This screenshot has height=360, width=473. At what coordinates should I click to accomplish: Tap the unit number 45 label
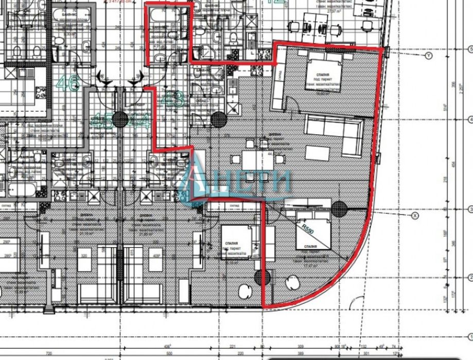(x=99, y=121)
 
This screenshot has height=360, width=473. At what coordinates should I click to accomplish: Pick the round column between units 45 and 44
(x=120, y=119)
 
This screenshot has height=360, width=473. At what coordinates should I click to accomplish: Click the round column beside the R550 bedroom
(x=338, y=208)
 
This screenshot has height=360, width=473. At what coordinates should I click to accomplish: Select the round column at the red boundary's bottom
(x=264, y=278)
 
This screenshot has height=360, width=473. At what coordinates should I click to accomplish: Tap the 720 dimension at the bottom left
(x=49, y=354)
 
